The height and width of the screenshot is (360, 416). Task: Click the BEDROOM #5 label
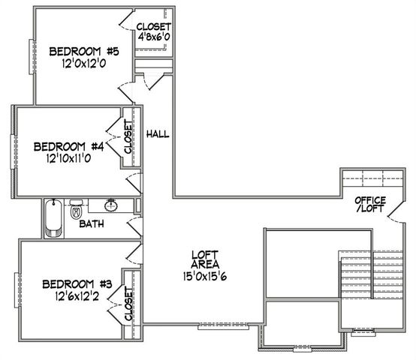click(83, 52)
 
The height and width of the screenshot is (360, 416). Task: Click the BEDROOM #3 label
click(77, 284)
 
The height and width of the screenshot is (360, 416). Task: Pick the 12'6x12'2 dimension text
click(77, 297)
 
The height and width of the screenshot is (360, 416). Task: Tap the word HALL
click(158, 134)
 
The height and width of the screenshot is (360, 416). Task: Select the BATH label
click(92, 223)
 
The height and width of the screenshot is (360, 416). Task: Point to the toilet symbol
click(76, 211)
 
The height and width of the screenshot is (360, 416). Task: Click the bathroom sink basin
click(111, 205)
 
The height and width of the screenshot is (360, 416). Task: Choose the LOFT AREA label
click(204, 259)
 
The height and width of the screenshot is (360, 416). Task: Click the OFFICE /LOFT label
click(371, 205)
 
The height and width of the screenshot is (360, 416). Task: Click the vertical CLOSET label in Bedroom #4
click(128, 138)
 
